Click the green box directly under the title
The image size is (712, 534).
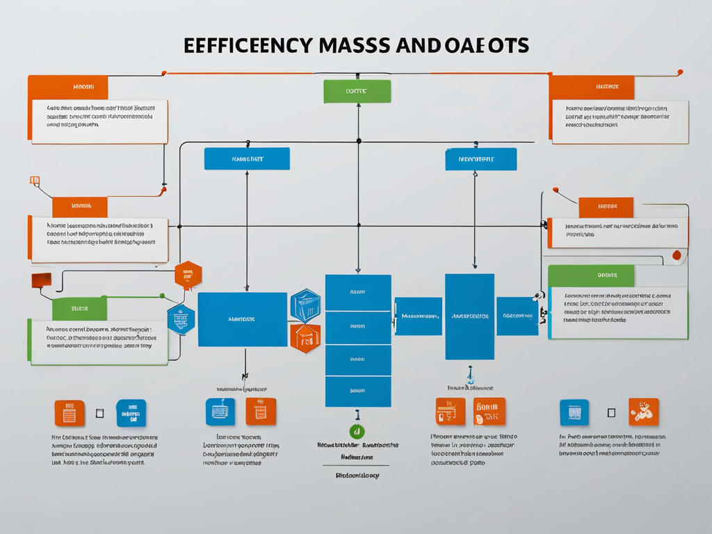coord(357,91)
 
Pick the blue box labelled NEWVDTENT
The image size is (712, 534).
coord(480,159)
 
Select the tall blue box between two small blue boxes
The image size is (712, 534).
coord(469,316)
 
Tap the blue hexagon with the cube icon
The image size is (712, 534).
coord(305,305)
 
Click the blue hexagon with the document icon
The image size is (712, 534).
coord(181,320)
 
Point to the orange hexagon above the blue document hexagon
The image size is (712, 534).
coord(187,275)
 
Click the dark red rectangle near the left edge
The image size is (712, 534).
coord(42,280)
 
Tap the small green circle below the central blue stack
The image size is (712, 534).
coord(357,432)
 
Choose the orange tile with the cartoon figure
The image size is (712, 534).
coord(643,412)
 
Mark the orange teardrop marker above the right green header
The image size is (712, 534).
coord(677,256)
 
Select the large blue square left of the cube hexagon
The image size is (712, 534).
coord(242,319)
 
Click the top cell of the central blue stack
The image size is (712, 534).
coord(358,292)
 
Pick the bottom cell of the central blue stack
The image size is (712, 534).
coord(358,392)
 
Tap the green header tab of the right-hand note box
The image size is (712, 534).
coord(591,275)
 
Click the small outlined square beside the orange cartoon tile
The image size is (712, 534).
coord(611,412)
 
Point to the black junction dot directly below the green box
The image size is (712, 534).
coord(359,140)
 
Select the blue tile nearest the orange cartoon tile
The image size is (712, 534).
coord(574,412)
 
